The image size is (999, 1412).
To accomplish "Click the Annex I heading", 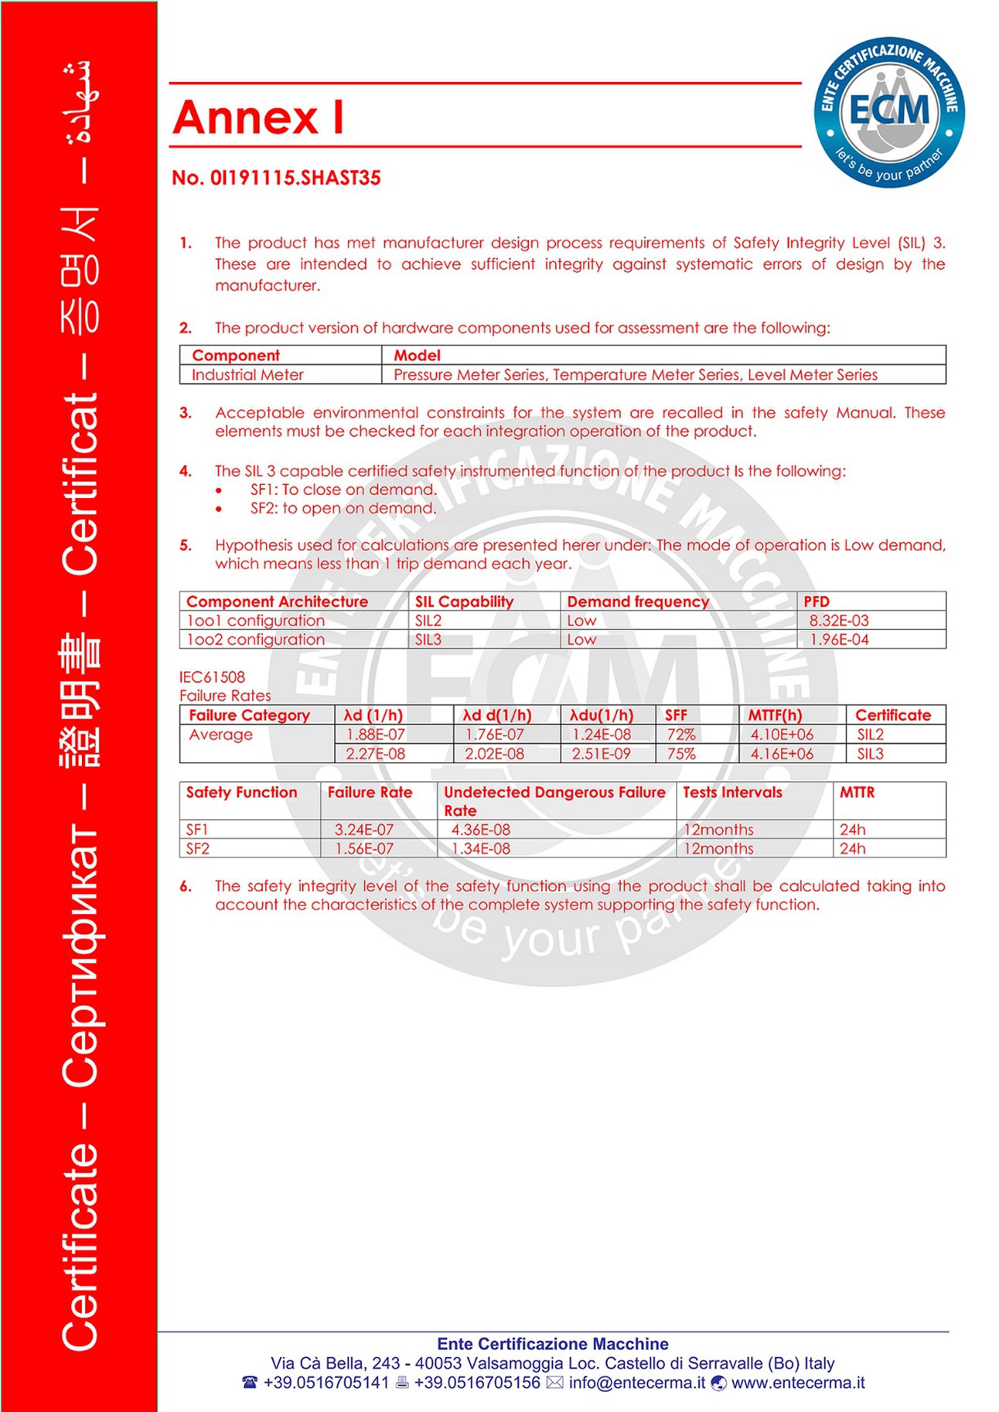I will (x=258, y=118).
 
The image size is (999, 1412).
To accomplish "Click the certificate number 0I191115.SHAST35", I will (x=276, y=178).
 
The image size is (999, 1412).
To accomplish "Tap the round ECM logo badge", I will (x=888, y=112).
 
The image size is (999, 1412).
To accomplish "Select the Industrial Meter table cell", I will (x=247, y=375).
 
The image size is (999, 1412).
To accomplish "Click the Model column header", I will (x=417, y=356).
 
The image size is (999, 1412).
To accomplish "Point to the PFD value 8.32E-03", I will (x=839, y=620).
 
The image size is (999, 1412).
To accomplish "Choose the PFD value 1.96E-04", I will (x=839, y=639).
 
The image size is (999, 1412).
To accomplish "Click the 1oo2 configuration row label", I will (x=255, y=639).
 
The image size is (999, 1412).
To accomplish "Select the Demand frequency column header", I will (x=638, y=602).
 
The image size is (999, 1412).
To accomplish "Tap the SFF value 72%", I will (x=680, y=735).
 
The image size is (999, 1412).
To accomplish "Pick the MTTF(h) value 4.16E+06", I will (x=782, y=754).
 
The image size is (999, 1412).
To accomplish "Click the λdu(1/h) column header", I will (x=602, y=715).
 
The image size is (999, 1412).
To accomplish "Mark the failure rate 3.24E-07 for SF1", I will (x=364, y=830).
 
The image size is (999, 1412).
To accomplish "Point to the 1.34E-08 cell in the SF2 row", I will (x=481, y=848).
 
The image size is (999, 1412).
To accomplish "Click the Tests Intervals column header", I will (x=732, y=793).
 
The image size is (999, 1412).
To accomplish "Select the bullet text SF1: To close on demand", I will (x=343, y=489).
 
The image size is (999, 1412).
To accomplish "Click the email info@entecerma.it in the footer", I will (x=637, y=1383).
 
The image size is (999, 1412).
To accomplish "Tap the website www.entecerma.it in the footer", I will (x=798, y=1383).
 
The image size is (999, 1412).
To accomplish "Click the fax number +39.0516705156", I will (x=477, y=1383).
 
